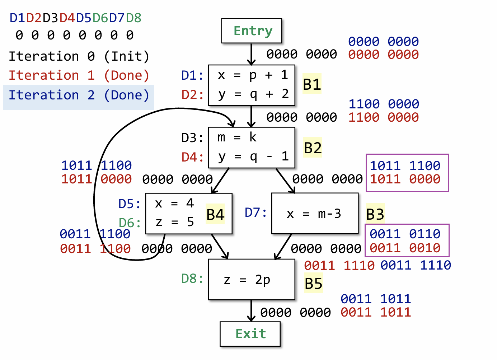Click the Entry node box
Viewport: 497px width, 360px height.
[x=252, y=31]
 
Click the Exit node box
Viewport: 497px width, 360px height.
[x=250, y=334]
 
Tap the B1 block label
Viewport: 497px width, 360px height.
[x=312, y=84]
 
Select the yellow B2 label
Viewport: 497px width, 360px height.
[x=313, y=148]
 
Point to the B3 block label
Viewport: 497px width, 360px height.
[x=375, y=214]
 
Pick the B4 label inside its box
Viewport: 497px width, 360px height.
[x=215, y=215]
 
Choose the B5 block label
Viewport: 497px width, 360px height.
[x=313, y=284]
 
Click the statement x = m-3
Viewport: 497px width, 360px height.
[x=314, y=214]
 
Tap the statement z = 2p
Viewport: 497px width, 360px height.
[x=247, y=280]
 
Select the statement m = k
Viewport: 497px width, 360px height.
[x=237, y=137]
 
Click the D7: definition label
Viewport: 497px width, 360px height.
[x=256, y=212]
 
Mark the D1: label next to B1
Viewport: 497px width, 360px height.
[x=192, y=75]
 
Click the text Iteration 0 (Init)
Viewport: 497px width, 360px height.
[x=79, y=56]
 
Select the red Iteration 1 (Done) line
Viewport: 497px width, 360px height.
[x=79, y=75]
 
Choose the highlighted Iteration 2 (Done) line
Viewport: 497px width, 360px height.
[x=79, y=95]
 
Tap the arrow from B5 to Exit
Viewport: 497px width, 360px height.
[x=251, y=310]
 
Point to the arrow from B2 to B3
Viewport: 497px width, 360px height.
[x=285, y=181]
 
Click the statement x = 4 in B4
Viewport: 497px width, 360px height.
[x=174, y=204]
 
